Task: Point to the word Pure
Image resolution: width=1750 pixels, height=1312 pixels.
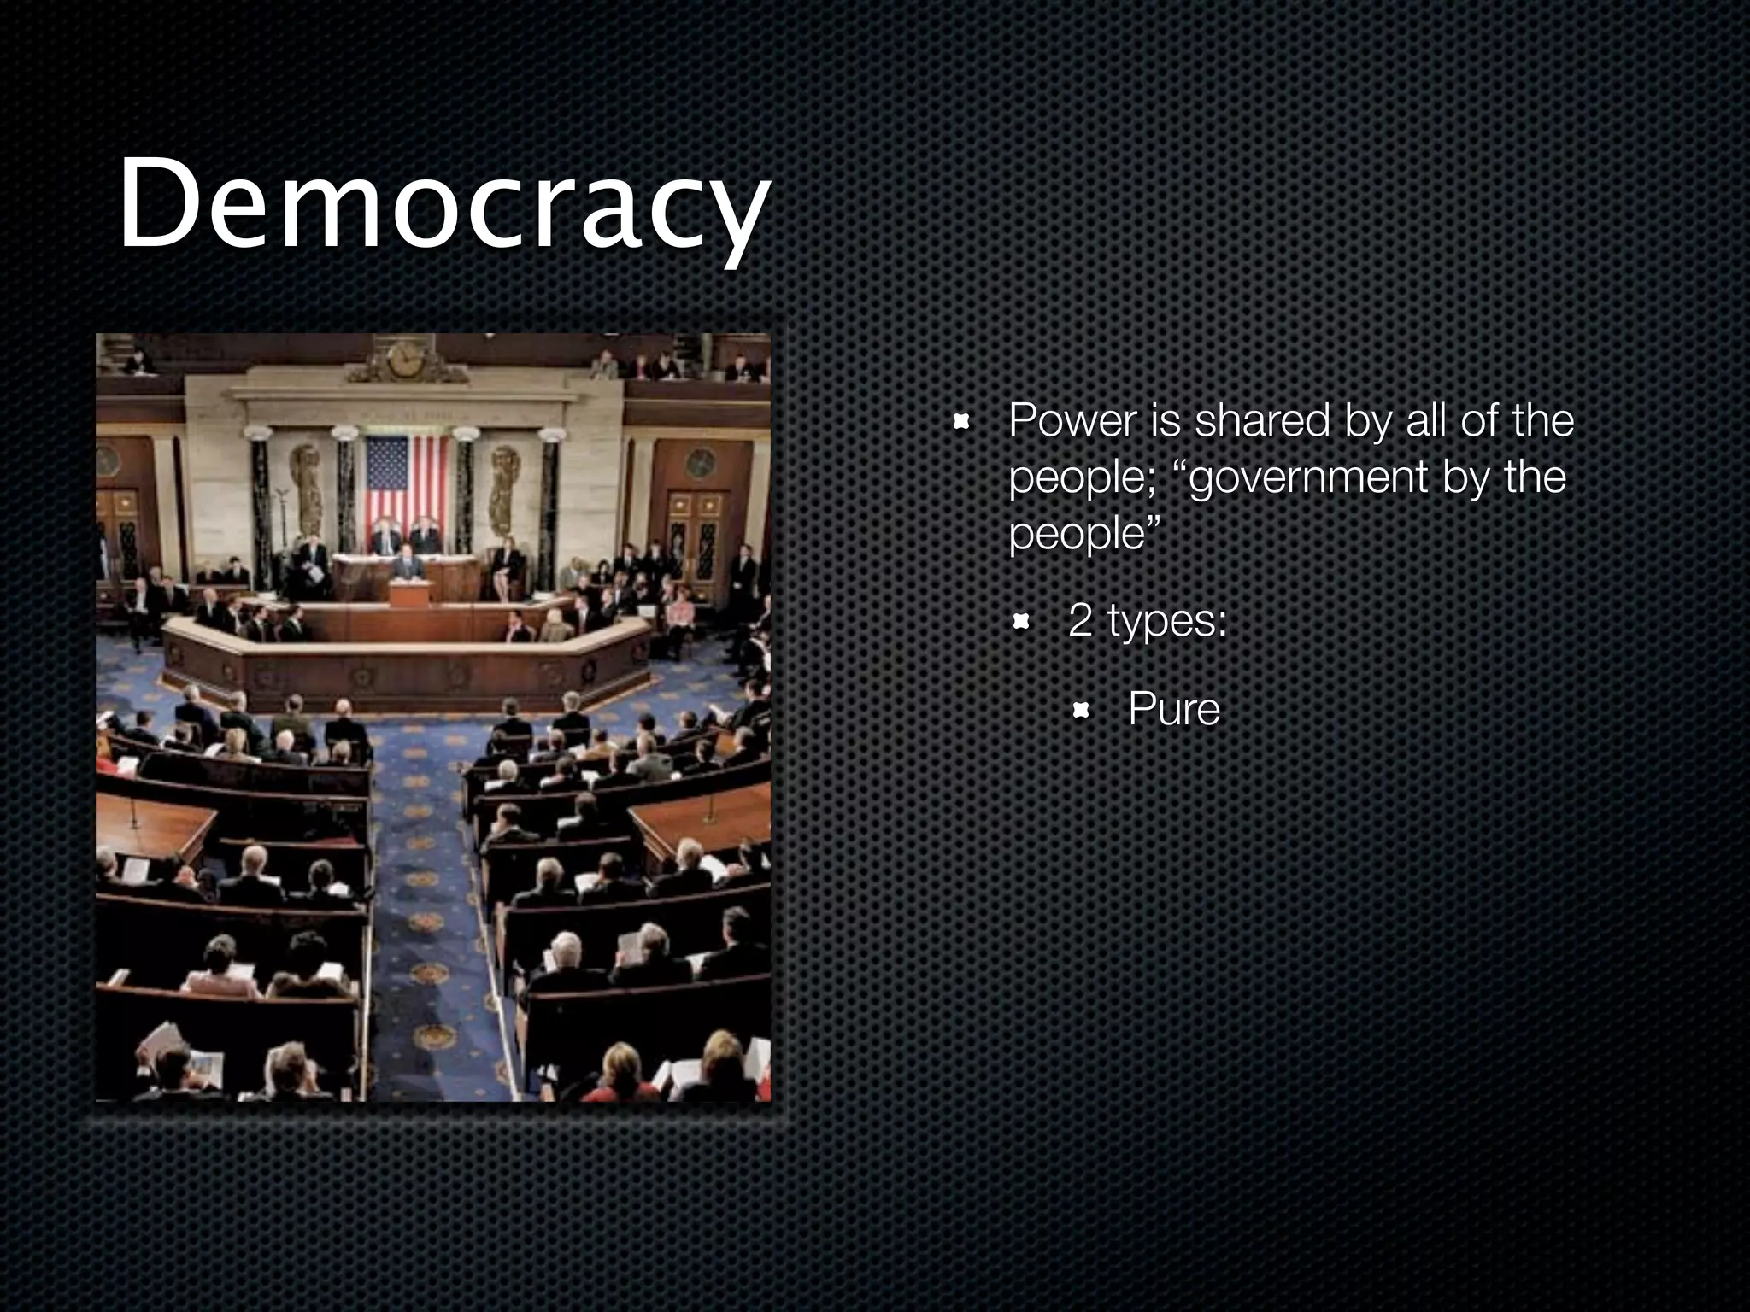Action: [x=1173, y=709]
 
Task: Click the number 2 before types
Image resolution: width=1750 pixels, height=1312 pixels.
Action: [x=1080, y=620]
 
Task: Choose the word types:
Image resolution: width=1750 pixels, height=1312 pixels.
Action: [x=1167, y=622]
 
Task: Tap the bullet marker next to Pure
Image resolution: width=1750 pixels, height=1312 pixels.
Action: [x=1081, y=710]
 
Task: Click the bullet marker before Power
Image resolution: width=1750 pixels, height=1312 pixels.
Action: [x=961, y=421]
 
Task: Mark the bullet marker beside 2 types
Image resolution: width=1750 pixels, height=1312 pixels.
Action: [x=1021, y=621]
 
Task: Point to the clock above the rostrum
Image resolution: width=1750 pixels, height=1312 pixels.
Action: [x=406, y=359]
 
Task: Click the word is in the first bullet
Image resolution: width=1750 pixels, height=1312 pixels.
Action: [x=1166, y=421]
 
